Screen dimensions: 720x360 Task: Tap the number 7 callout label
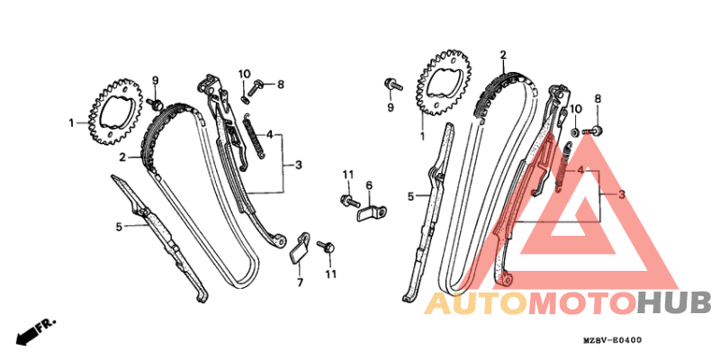click(x=300, y=283)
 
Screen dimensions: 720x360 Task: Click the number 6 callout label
click(x=369, y=185)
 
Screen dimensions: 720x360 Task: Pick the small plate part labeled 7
click(x=300, y=250)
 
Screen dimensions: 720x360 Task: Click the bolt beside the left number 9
click(x=156, y=104)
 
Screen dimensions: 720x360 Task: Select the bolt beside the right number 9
click(x=393, y=85)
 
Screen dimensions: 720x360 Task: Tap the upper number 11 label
click(x=348, y=175)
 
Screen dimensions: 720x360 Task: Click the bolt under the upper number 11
click(x=349, y=200)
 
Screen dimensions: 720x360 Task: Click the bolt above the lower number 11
click(x=326, y=246)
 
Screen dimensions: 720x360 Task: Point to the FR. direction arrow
click(x=36, y=330)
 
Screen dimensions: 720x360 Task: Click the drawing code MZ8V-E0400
click(x=612, y=340)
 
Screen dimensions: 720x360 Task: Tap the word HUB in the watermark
click(x=673, y=303)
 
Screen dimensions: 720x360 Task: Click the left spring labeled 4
click(x=254, y=137)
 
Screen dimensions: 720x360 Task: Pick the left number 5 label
click(x=119, y=227)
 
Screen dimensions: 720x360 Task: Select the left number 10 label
click(x=244, y=74)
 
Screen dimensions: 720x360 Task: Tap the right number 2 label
click(x=503, y=55)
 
